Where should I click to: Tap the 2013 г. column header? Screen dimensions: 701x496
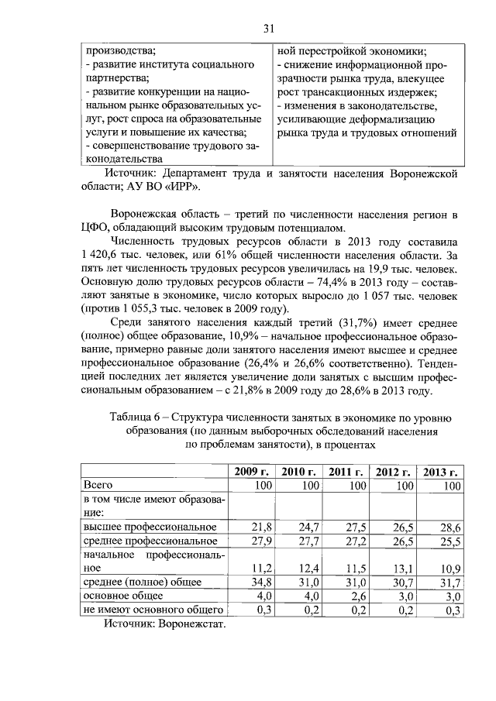439,472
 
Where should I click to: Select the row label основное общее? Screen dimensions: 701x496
123,596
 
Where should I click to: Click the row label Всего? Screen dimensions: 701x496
98,485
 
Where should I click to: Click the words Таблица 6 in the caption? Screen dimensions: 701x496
143,418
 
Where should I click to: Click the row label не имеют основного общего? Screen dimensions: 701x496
153,610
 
